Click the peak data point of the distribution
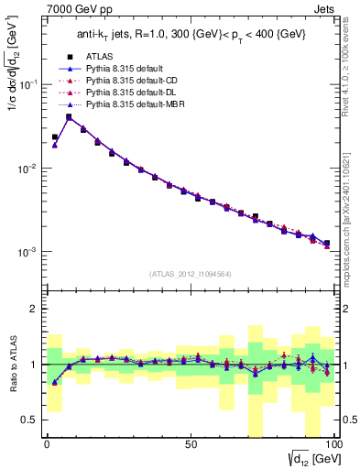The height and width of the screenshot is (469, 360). point(69,116)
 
